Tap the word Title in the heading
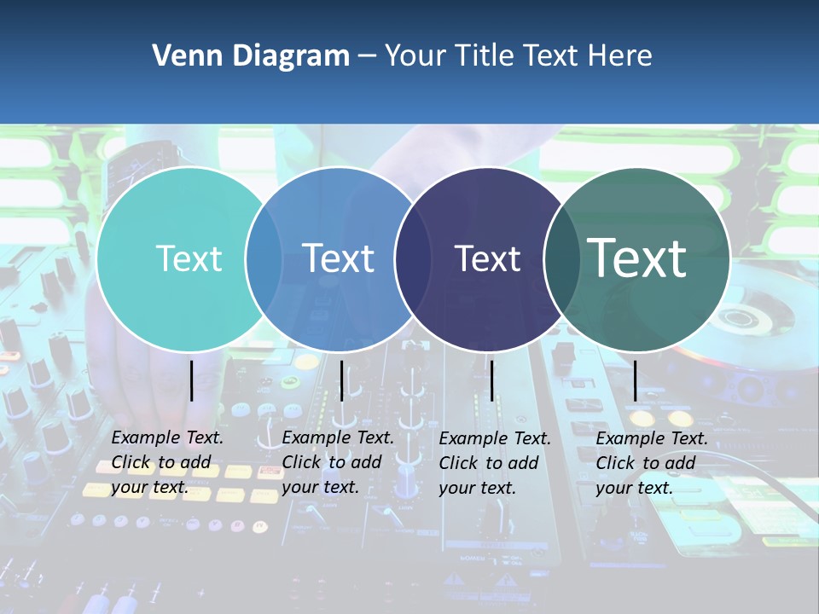tap(484, 56)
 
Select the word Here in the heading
tap(620, 56)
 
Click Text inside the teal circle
tap(189, 258)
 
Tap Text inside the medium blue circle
tap(339, 258)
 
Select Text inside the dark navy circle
tap(487, 258)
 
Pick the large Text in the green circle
tap(637, 258)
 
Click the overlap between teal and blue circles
tap(264, 259)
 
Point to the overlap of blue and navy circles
tap(413, 259)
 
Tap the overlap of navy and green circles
tap(562, 259)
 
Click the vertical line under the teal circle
tap(191, 380)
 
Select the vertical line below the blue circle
tap(341, 380)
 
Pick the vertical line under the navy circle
tap(491, 380)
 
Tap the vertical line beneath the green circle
tap(635, 380)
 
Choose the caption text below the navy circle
tap(495, 463)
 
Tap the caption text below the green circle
tap(652, 463)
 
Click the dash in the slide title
tap(367, 57)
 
